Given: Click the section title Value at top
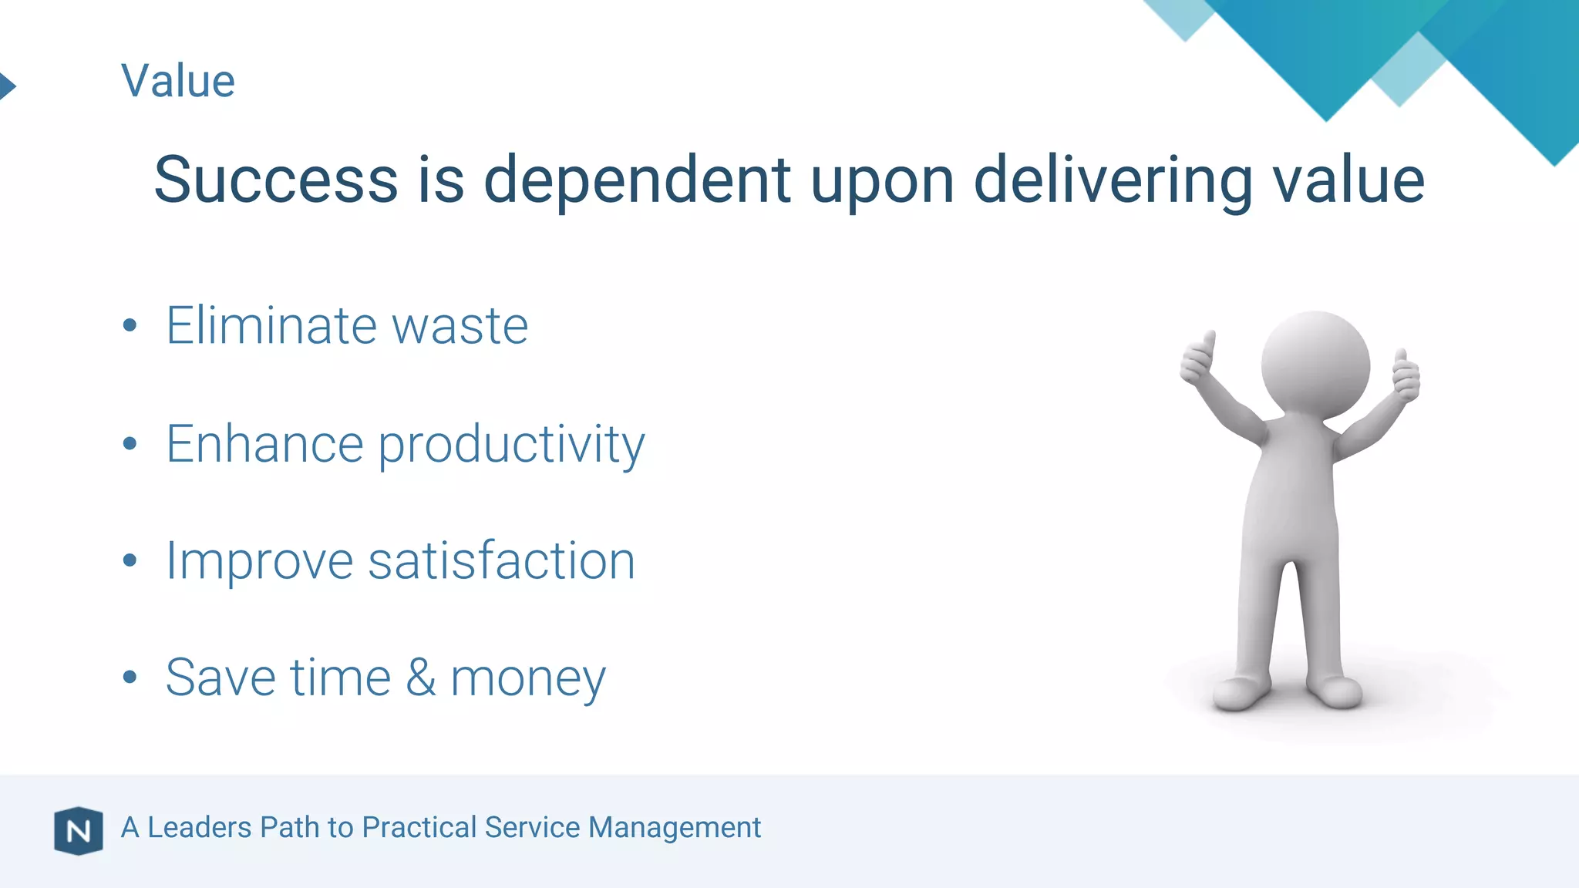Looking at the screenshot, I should [x=178, y=81].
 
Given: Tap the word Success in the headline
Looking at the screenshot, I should [x=275, y=180].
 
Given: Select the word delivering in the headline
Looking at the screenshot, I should [x=1113, y=180].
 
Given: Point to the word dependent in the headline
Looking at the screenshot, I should [x=637, y=180].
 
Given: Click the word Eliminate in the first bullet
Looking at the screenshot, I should [x=271, y=325].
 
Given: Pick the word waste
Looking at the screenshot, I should [x=460, y=327].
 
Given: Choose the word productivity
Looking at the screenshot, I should [x=511, y=445].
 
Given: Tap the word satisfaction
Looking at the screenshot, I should [x=502, y=560].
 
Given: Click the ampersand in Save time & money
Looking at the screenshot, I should [x=421, y=678].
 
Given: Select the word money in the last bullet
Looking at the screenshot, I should [x=528, y=679].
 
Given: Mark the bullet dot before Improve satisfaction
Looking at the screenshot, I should [x=130, y=560].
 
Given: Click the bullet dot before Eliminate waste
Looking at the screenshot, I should [x=130, y=325].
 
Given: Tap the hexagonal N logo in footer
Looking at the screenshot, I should [x=79, y=831].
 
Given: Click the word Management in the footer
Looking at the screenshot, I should [x=675, y=828].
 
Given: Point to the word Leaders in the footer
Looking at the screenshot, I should [x=199, y=827].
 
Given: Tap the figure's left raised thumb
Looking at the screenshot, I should [x=1198, y=358].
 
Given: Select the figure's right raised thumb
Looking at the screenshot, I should [x=1406, y=375].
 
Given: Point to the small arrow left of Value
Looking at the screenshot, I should [x=7, y=85].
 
